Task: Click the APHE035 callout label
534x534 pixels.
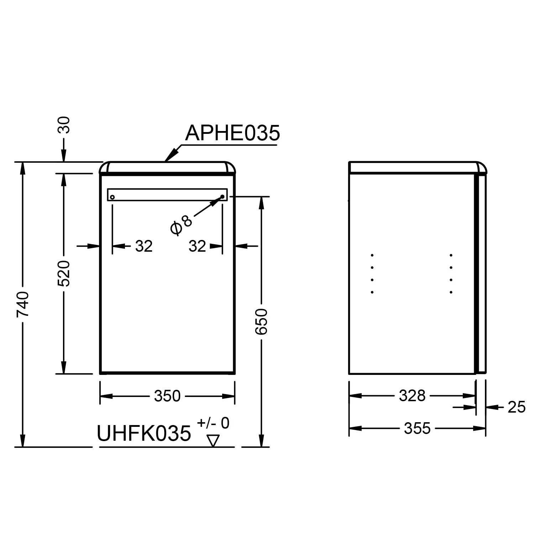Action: pos(232,133)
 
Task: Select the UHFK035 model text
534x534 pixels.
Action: pos(144,433)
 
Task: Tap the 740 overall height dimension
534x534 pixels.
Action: pos(23,304)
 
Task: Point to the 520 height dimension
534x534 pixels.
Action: pos(64,273)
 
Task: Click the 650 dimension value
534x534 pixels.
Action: pos(261,322)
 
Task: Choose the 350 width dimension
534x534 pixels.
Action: pos(167,396)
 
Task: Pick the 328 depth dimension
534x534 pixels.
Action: pos(412,396)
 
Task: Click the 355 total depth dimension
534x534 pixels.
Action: pos(417,428)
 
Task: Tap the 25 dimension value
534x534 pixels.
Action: pos(517,407)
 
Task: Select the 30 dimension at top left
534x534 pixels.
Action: pos(64,125)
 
